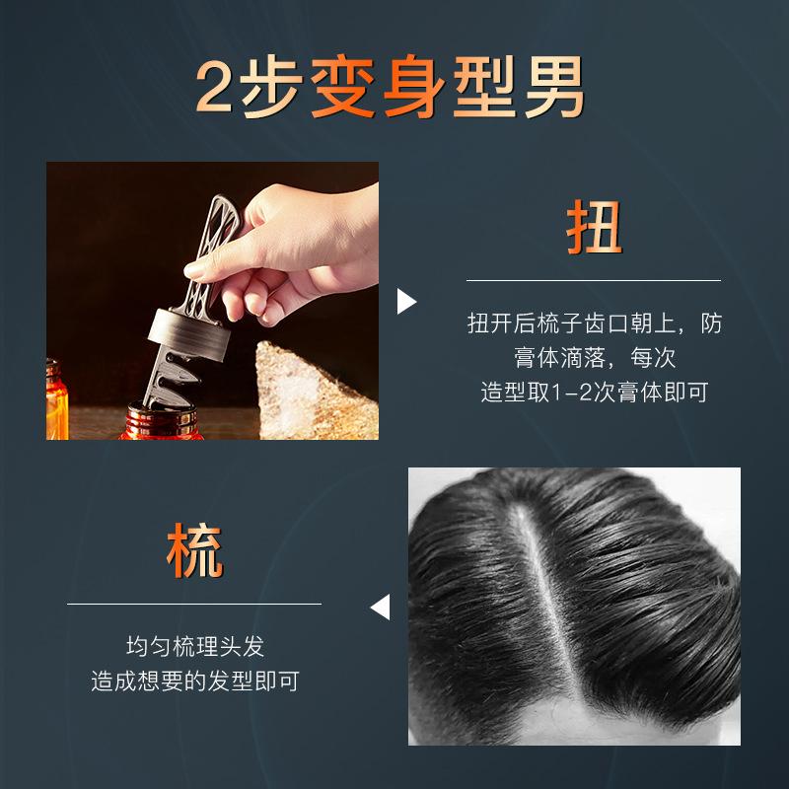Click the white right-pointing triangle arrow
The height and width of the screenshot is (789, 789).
point(406,301)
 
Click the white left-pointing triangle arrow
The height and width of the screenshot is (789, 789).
point(381,606)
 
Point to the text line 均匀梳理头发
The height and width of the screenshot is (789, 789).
point(195,647)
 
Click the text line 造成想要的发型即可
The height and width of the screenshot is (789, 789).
point(195,681)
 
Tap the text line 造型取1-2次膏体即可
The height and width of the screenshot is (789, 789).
point(594,392)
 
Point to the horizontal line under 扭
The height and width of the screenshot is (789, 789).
point(594,280)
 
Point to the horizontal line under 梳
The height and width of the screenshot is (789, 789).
point(194,604)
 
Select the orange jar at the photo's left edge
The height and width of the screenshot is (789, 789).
point(56,399)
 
